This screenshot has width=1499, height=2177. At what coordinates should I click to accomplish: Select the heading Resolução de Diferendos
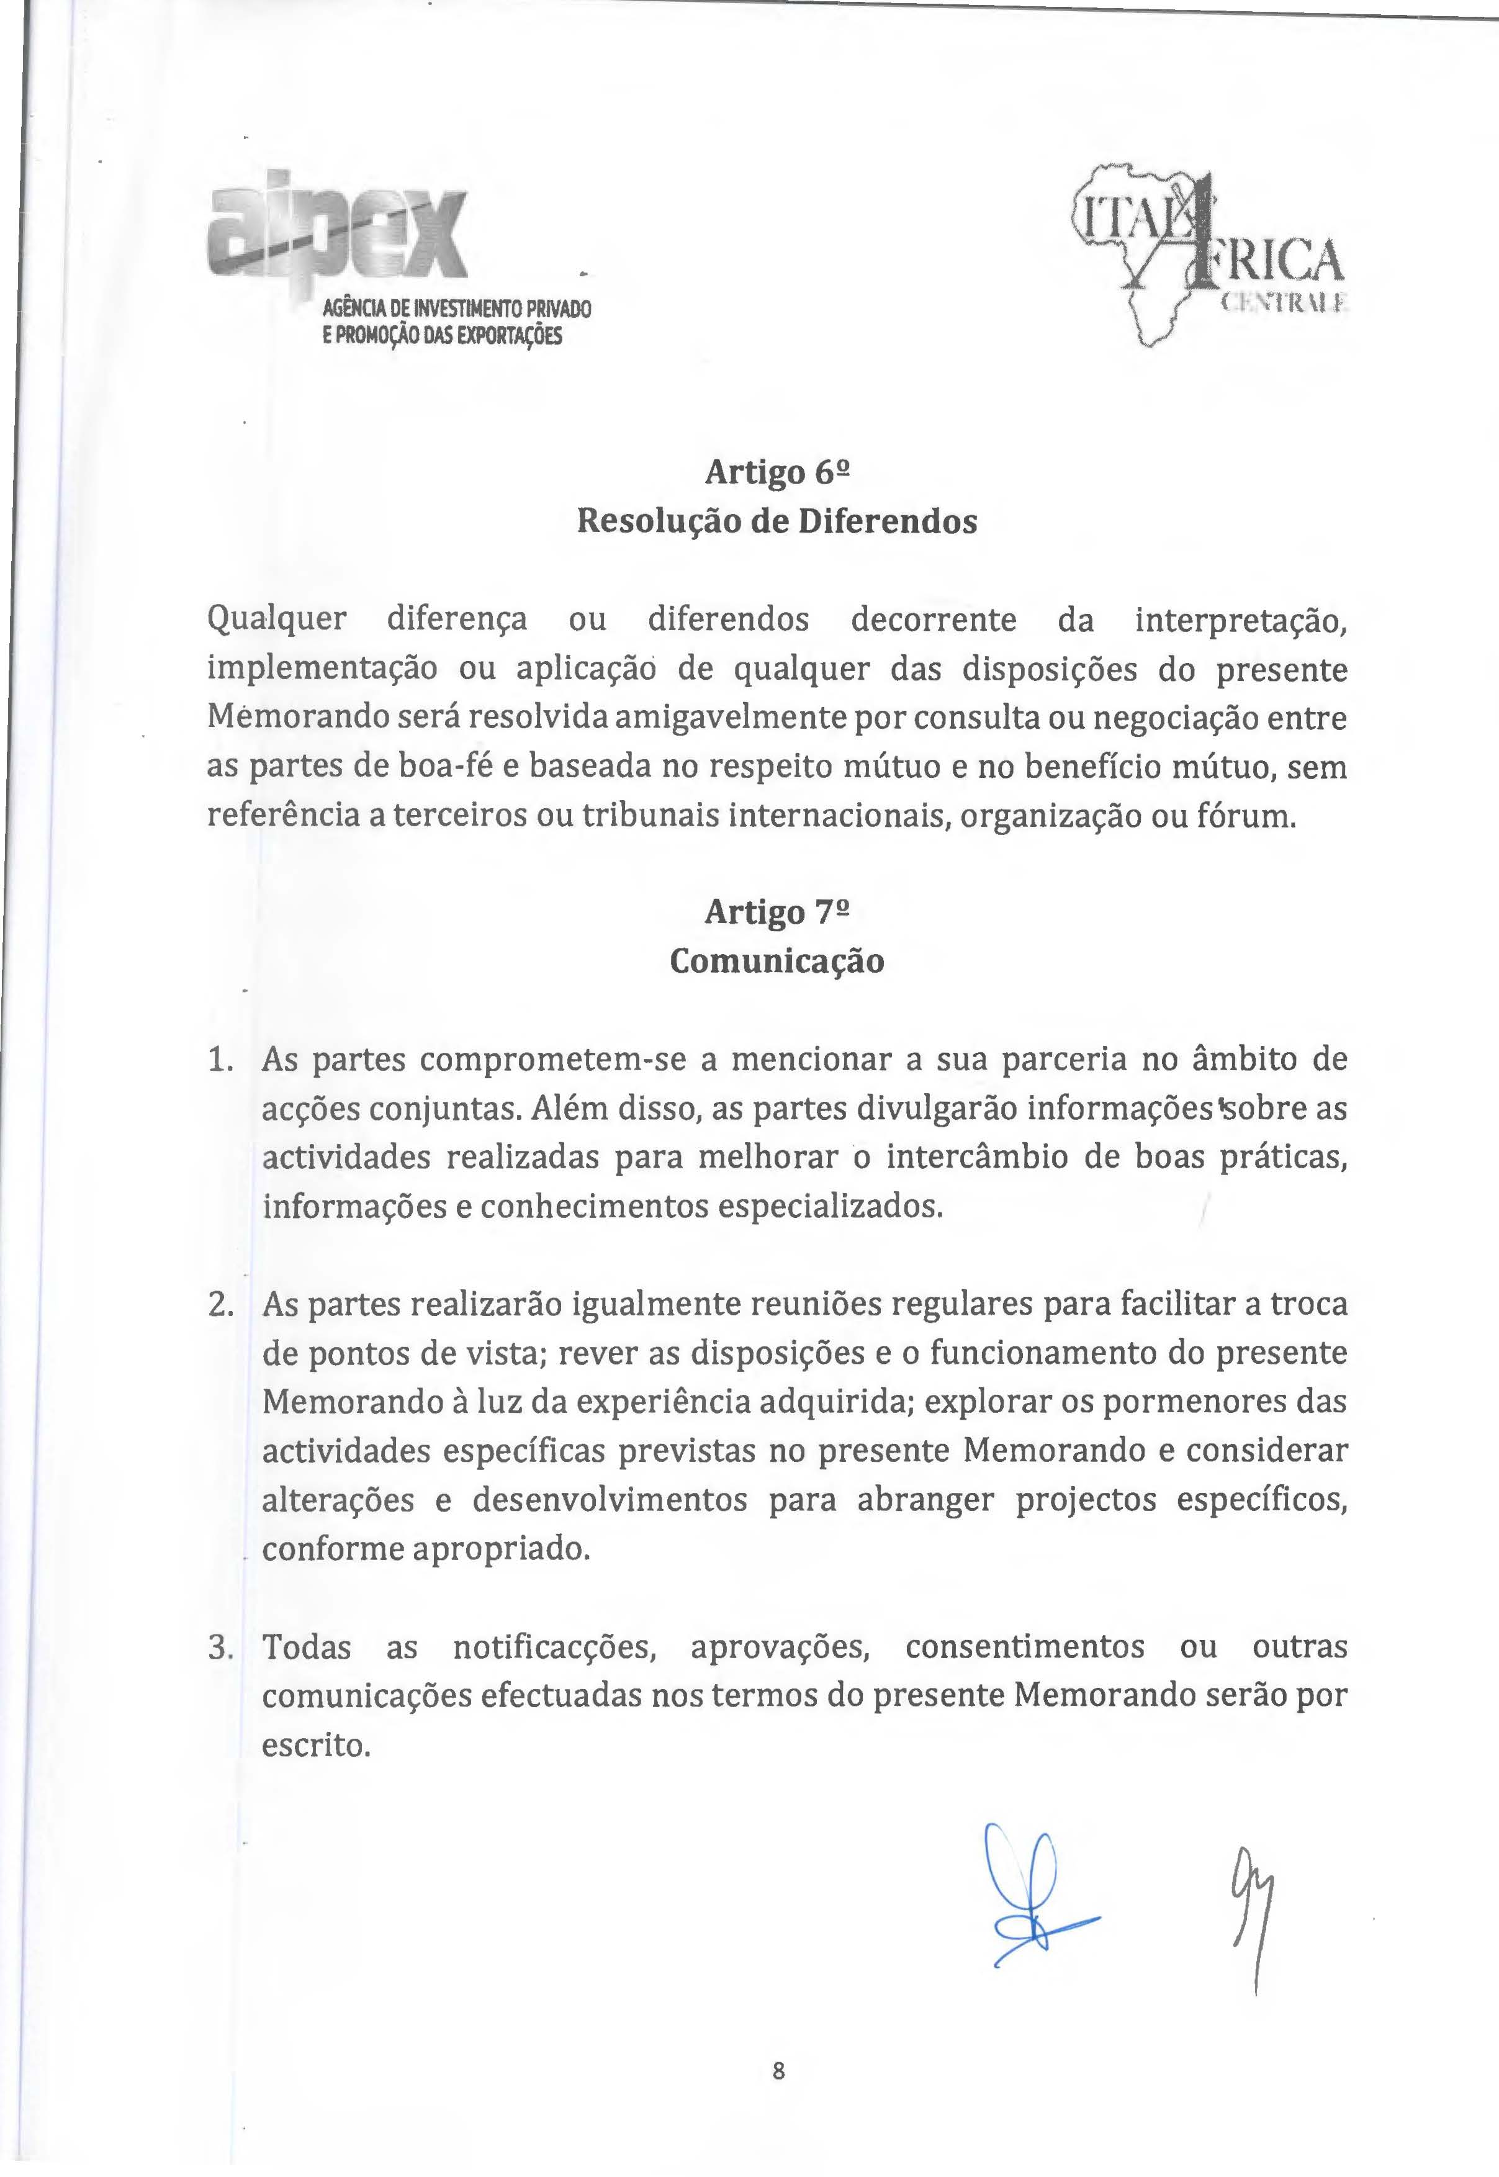coord(777,521)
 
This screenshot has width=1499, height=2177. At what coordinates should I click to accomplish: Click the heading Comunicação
coord(777,962)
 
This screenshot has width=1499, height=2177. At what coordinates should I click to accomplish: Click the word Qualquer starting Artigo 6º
coord(276,621)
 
